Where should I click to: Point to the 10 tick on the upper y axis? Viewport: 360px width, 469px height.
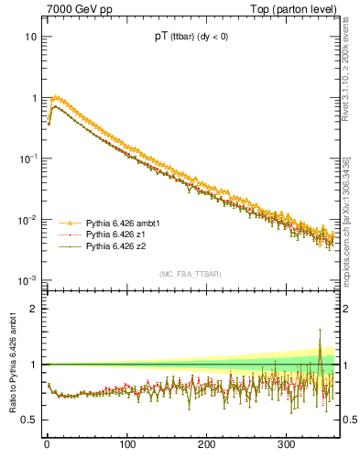[30, 38]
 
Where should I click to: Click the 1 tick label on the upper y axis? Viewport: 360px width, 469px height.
[33, 98]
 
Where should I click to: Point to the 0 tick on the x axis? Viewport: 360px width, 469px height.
[47, 444]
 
